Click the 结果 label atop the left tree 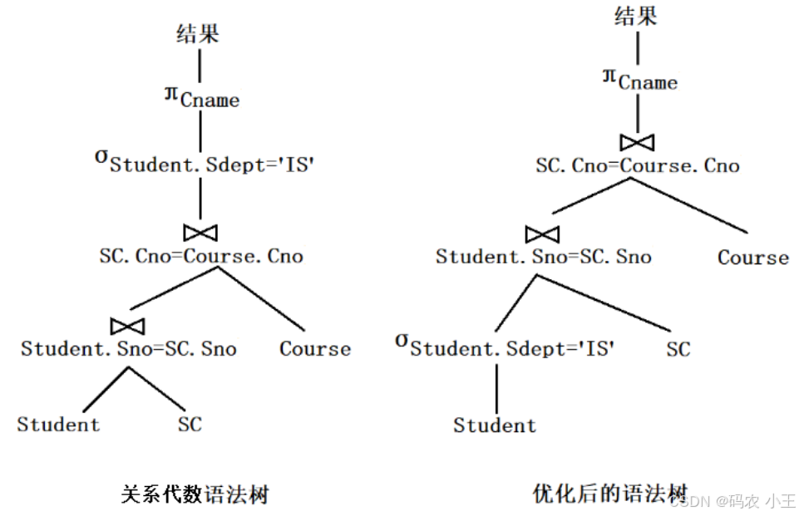[199, 33]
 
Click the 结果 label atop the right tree [636, 17]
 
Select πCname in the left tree [201, 97]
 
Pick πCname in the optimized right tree [639, 80]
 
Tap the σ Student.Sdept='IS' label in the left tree [204, 161]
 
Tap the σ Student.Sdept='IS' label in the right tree [505, 346]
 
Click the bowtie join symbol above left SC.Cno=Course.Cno [200, 232]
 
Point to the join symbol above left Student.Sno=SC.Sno [128, 324]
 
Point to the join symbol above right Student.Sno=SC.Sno [542, 233]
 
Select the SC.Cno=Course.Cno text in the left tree [201, 256]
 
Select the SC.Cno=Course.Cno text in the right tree [638, 166]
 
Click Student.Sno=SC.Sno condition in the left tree [129, 349]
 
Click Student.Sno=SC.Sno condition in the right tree [544, 257]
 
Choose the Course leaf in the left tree [315, 349]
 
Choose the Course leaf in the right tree [753, 258]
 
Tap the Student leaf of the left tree [58, 425]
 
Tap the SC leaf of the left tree [190, 425]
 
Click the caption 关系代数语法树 [195, 495]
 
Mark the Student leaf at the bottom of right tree [495, 426]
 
